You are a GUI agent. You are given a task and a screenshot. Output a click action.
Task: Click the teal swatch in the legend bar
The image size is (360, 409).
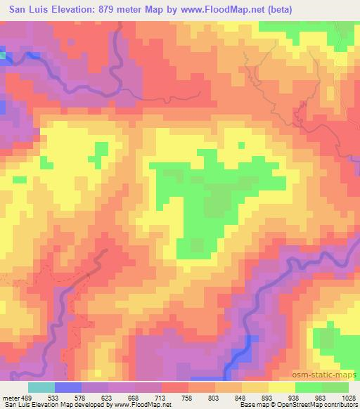coord(41,387)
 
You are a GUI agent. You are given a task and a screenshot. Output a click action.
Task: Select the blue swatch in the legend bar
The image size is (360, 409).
coord(67,387)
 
